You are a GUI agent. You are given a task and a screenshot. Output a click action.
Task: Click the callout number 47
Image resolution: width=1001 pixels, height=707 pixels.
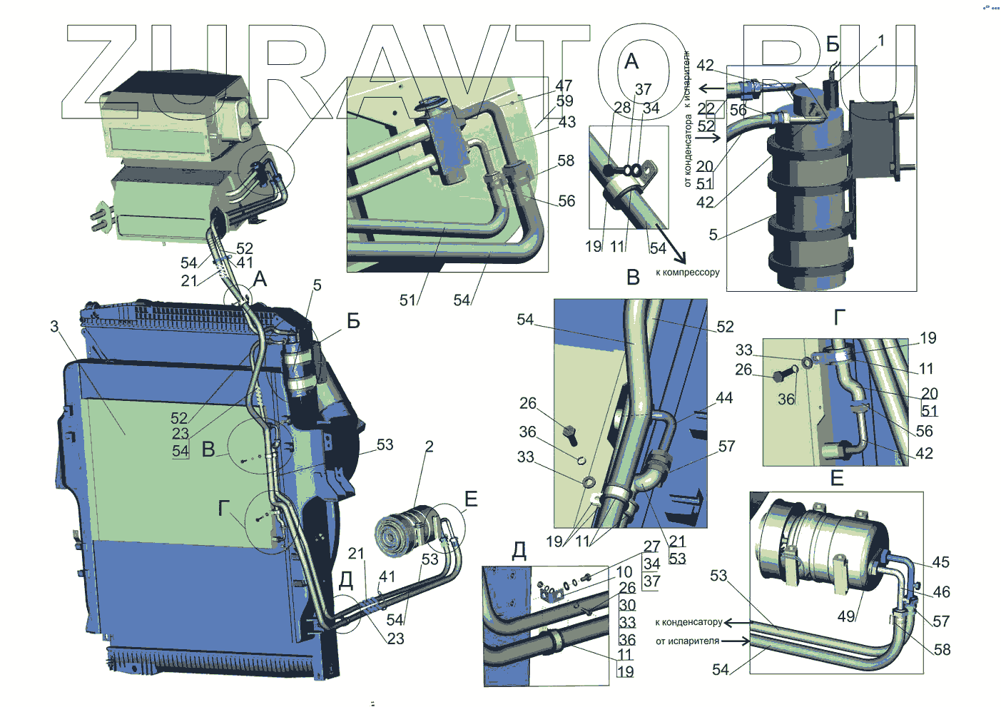coord(564,86)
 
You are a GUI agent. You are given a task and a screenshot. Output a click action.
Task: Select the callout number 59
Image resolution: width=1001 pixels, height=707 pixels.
coord(564,101)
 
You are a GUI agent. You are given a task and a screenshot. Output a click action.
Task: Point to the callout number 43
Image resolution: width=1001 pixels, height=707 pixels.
coord(566,122)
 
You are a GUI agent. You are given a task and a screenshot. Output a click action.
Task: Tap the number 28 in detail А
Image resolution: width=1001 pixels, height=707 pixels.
coord(622,108)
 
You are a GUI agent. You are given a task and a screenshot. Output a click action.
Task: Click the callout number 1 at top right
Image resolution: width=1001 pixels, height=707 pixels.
coord(880,41)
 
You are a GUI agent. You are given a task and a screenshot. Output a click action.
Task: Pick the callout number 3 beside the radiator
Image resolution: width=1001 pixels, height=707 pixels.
coord(54,326)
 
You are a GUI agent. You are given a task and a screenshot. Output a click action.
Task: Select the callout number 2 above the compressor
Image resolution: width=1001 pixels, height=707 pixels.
coord(429,447)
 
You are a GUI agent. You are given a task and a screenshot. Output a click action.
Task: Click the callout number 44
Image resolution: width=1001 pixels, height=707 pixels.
coord(724,397)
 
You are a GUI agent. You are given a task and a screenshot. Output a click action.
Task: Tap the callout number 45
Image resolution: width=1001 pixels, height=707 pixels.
coord(940,562)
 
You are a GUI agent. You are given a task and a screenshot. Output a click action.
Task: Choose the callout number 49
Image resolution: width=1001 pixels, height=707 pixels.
coord(846,616)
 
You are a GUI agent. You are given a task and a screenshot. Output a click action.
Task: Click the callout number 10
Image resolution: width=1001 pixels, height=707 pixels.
coord(624,572)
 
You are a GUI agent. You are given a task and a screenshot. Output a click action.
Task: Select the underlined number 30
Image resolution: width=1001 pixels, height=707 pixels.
coord(627,605)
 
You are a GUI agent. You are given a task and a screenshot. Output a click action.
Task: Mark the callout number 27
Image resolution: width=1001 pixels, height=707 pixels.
coord(651,546)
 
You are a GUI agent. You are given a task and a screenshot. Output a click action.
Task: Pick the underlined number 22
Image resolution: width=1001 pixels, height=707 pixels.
coord(706,108)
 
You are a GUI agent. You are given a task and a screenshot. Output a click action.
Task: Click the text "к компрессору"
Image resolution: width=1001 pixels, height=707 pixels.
coord(687,273)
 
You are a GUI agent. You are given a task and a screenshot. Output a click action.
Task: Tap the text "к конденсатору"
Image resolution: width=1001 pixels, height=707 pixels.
coord(688,622)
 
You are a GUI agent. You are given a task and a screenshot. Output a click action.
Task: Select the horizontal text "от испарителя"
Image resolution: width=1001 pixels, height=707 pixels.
coord(687,641)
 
